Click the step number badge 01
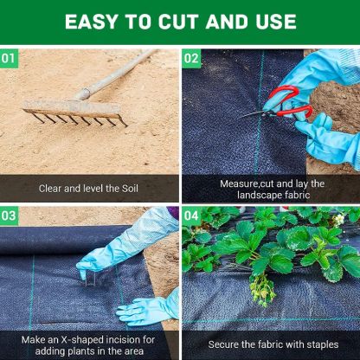(x=10, y=59)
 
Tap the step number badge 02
(x=191, y=59)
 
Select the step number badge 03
(x=10, y=215)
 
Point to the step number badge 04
(x=191, y=215)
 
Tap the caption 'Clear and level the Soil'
(x=88, y=188)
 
